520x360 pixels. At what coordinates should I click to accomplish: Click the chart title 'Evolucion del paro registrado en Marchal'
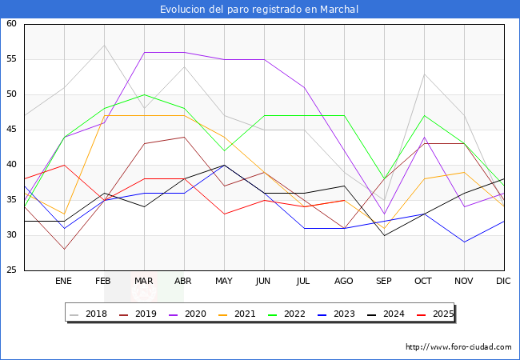pyautogui.click(x=259, y=10)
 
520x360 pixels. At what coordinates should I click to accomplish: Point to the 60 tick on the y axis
pyautogui.click(x=12, y=24)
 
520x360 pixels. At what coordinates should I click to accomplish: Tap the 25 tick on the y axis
pyautogui.click(x=12, y=270)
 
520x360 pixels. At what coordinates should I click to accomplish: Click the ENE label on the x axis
pyautogui.click(x=64, y=282)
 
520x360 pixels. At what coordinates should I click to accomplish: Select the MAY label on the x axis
pyautogui.click(x=224, y=282)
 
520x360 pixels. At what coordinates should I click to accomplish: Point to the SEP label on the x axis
pyautogui.click(x=384, y=282)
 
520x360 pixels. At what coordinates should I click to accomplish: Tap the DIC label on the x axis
pyautogui.click(x=503, y=282)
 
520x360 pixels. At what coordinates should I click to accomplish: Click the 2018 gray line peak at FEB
pyautogui.click(x=104, y=45)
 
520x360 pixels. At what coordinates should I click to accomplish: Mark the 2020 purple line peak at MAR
pyautogui.click(x=144, y=52)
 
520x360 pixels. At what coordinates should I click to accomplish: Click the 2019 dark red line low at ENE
pyautogui.click(x=64, y=249)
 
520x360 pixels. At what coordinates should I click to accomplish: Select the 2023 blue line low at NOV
pyautogui.click(x=464, y=242)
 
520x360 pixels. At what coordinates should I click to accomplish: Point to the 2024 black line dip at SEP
pyautogui.click(x=384, y=235)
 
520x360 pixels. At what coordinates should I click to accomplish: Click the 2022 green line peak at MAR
pyautogui.click(x=144, y=94)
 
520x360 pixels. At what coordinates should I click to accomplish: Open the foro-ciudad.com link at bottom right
pyautogui.click(x=458, y=347)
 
